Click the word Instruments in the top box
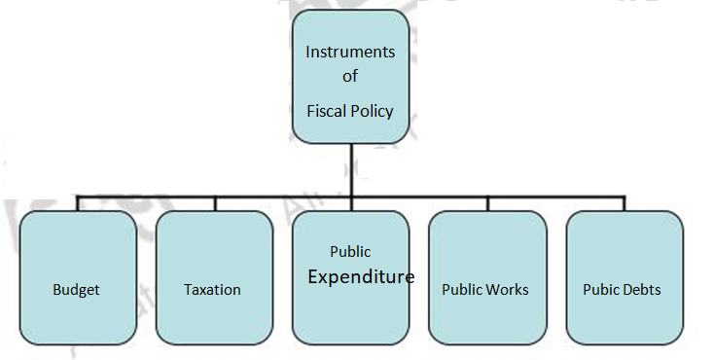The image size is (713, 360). pos(349,51)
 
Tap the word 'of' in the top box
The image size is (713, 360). pos(350,77)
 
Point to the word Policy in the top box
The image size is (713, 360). pos(374,110)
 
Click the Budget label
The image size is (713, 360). pos(77,290)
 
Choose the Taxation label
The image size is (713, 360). pos(212,290)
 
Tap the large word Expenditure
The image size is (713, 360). pos(361,277)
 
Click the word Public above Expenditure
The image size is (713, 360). pos(350,252)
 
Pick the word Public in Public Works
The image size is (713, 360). pos(463,290)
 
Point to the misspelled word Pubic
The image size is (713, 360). pos(599,290)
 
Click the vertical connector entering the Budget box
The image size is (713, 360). pos(78,203)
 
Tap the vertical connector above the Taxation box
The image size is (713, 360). pos(214,203)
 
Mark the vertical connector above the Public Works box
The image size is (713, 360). pos(487,203)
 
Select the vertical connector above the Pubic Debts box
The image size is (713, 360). pos(624,203)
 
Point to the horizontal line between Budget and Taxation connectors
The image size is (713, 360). pos(146,196)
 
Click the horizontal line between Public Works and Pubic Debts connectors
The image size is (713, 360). pos(555,196)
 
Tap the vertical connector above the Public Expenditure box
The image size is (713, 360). pos(350,203)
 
